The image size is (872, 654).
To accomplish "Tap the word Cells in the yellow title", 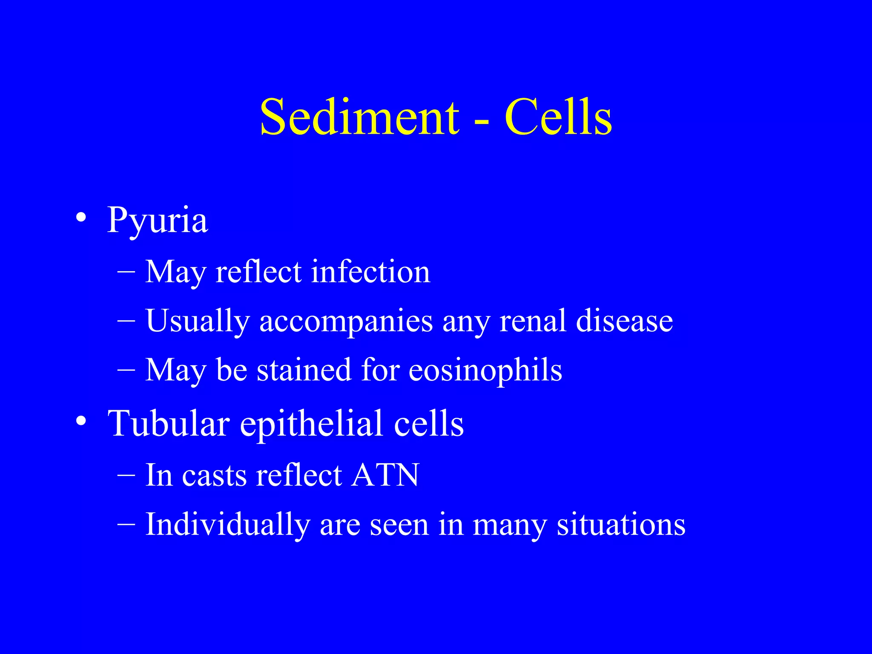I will point(558,117).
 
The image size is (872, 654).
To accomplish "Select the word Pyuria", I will point(157,221).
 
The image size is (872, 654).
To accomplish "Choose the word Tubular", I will point(169,423).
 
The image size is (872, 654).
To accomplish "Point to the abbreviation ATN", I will point(385,475).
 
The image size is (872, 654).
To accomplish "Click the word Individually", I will point(228,525).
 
